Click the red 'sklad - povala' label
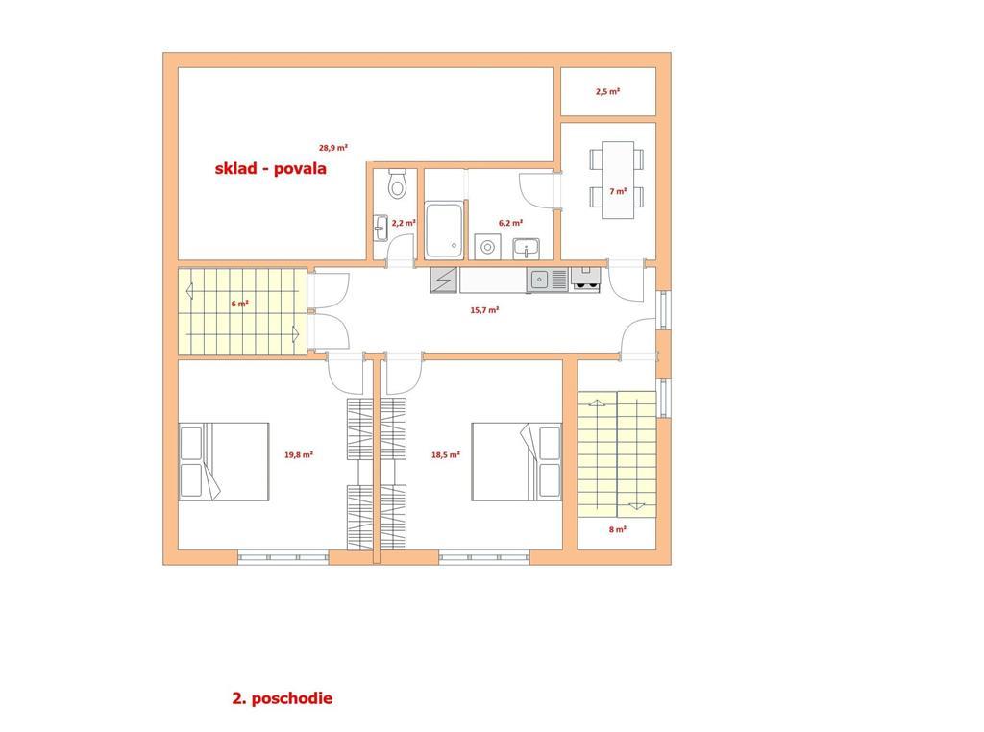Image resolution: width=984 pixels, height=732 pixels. click(270, 168)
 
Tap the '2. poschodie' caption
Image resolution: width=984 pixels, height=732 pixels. click(283, 698)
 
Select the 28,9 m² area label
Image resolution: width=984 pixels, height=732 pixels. click(333, 148)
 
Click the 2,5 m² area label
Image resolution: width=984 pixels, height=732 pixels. click(607, 91)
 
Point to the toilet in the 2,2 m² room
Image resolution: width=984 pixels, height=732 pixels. click(397, 183)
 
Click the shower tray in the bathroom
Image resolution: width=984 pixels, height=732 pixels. click(444, 230)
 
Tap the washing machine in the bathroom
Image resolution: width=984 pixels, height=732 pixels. click(487, 247)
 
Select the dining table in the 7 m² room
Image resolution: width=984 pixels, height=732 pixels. click(618, 180)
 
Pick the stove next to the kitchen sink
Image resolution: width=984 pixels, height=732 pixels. click(585, 280)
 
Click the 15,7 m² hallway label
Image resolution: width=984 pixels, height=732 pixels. click(484, 310)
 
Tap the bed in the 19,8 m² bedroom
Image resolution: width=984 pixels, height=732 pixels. click(224, 462)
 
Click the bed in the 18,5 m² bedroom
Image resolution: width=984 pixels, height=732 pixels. click(516, 462)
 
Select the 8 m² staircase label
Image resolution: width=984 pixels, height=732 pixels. click(618, 529)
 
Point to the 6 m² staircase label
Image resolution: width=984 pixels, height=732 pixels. click(239, 304)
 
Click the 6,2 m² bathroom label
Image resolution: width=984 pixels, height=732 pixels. click(511, 223)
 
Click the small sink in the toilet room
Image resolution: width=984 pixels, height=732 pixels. click(381, 229)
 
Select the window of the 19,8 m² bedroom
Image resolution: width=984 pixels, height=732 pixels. click(283, 557)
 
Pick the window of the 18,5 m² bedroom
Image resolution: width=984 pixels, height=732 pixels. click(484, 557)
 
